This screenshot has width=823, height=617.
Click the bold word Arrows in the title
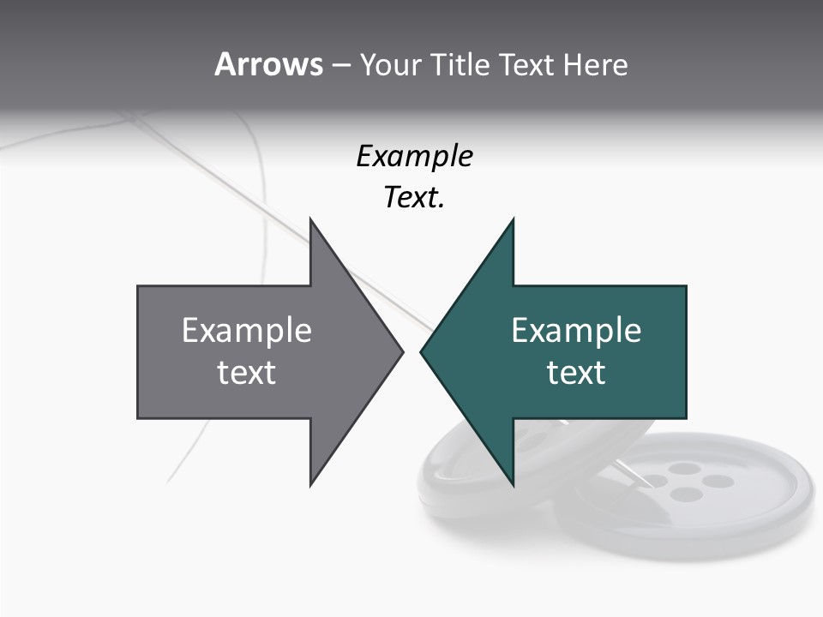tap(268, 64)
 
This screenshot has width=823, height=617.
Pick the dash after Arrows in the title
tap(340, 65)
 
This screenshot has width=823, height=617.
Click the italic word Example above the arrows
tap(414, 156)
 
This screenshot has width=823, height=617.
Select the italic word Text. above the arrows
tap(412, 198)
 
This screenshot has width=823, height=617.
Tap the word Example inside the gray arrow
tap(247, 330)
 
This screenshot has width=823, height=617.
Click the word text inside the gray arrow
tap(247, 372)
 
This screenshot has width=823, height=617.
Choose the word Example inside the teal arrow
tap(576, 330)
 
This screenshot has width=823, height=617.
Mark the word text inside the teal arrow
tap(576, 372)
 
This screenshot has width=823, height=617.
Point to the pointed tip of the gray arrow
tap(401, 351)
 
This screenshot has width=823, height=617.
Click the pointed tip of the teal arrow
tap(422, 351)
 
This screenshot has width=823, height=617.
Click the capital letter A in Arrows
tap(225, 64)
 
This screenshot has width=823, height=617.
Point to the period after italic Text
tap(442, 207)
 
